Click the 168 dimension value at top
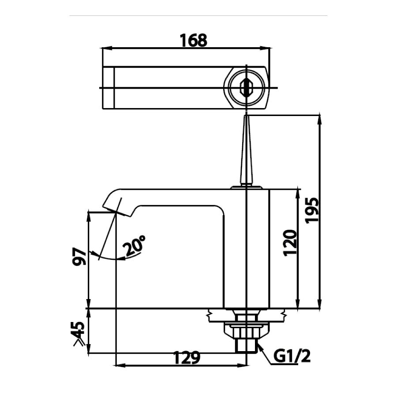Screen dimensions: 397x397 (x=193, y=40)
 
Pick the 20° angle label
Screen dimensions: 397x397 (x=135, y=246)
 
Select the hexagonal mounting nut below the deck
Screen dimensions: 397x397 (x=246, y=330)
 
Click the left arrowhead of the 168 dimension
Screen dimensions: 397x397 (x=106, y=48)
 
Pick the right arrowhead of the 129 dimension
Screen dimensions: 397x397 (x=243, y=365)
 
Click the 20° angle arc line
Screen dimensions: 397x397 (x=112, y=258)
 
